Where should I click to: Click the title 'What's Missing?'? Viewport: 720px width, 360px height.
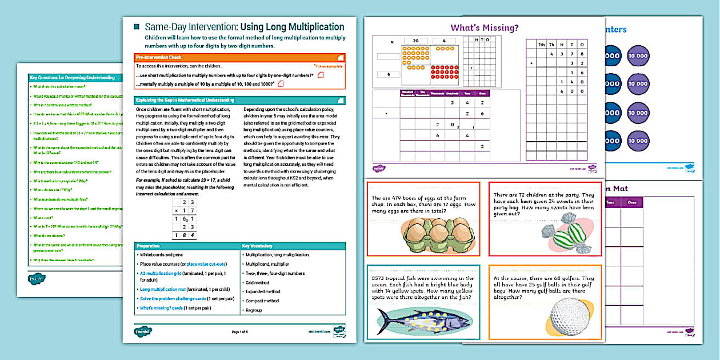(x=485, y=27)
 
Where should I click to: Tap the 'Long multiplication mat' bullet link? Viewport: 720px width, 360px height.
(x=161, y=290)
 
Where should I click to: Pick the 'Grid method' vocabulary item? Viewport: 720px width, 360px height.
(x=257, y=282)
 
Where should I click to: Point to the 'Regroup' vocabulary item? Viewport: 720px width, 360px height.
(x=253, y=310)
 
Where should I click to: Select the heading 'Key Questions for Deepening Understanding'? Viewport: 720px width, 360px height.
(x=73, y=76)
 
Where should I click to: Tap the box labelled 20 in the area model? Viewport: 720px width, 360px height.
(x=416, y=41)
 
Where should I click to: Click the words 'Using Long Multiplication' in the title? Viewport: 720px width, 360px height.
(x=292, y=27)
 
